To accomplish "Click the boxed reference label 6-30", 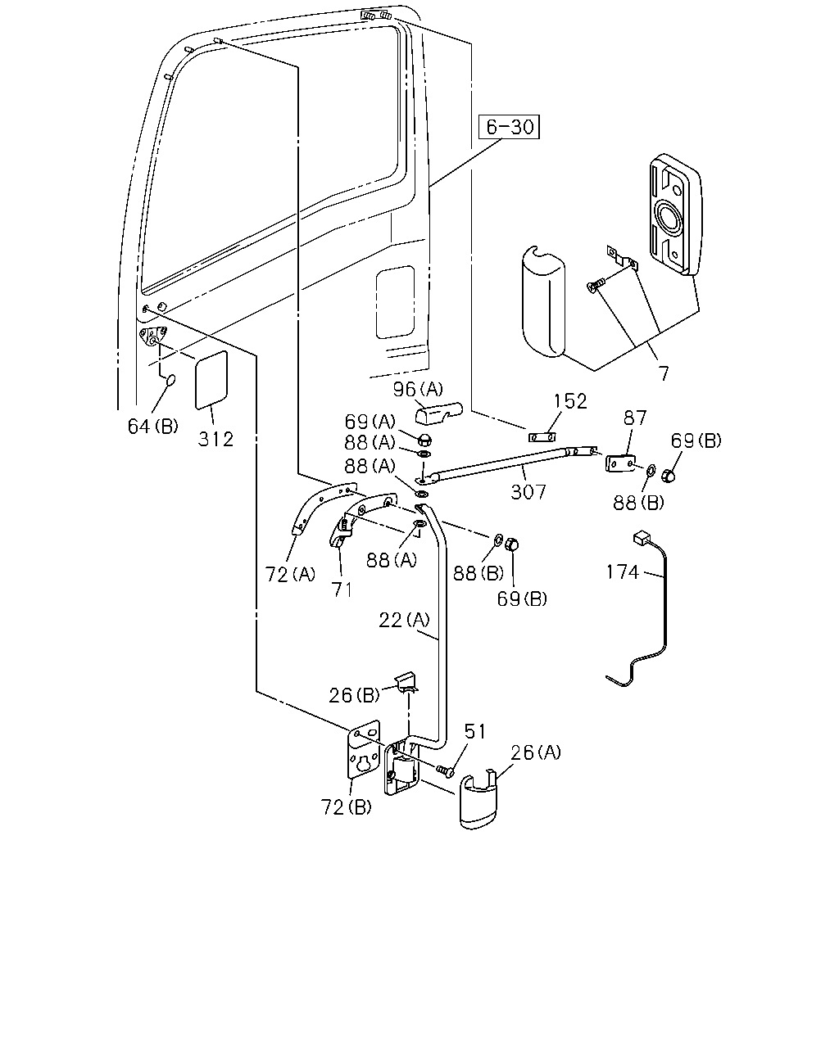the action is (509, 127).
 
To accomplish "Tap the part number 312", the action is (215, 440).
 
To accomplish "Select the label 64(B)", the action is (152, 426).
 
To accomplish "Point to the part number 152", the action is (570, 401).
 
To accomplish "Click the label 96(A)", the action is (419, 389).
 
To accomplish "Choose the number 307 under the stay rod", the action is (528, 492).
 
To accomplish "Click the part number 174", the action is (623, 571).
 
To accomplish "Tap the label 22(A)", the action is (405, 620).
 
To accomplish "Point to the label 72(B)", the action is (346, 807).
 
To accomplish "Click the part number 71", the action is (342, 589).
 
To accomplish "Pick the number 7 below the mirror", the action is (664, 373).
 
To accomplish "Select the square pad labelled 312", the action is (211, 380).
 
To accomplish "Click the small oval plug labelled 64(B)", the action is (170, 380).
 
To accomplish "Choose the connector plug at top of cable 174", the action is (641, 538).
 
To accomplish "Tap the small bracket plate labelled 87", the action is (620, 463).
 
